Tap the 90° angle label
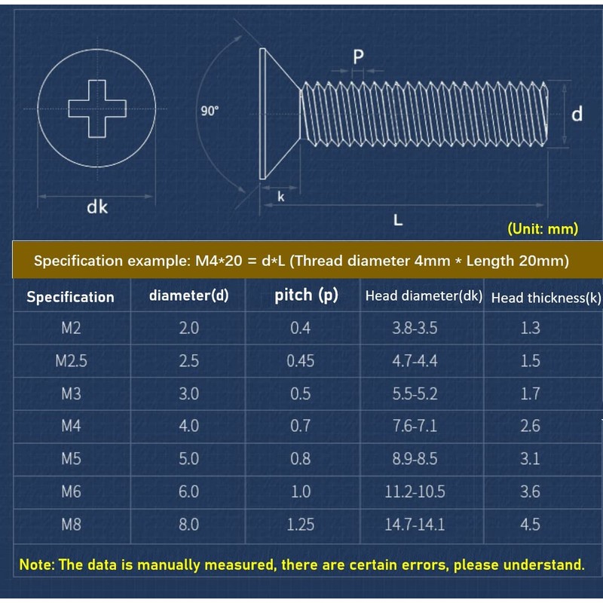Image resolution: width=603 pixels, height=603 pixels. (x=210, y=111)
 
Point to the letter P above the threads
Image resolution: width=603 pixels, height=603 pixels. (x=358, y=57)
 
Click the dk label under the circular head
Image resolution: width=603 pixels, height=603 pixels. (x=97, y=206)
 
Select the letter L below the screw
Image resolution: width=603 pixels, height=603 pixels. (x=399, y=220)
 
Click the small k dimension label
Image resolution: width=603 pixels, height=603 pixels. (x=280, y=197)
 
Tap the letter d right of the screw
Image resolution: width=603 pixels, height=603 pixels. (x=577, y=114)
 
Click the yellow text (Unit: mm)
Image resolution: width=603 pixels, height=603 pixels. (x=543, y=228)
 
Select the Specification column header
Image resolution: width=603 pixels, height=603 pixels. (x=70, y=297)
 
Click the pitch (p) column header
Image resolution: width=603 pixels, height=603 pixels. (x=306, y=295)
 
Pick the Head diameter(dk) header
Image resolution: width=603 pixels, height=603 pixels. (x=423, y=296)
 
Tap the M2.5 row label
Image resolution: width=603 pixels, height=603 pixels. (x=71, y=360)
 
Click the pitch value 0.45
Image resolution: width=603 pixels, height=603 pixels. (x=300, y=360)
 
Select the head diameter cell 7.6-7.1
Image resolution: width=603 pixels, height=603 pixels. (x=415, y=426)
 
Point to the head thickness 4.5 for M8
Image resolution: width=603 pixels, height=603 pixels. (x=530, y=524)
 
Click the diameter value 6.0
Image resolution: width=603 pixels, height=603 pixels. (x=188, y=491)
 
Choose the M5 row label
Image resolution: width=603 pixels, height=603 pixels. (x=71, y=458)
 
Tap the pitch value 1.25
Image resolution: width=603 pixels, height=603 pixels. (x=300, y=524)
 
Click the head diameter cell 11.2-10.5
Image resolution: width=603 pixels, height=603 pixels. (x=415, y=491)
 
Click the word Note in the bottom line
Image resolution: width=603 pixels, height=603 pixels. (x=35, y=565)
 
